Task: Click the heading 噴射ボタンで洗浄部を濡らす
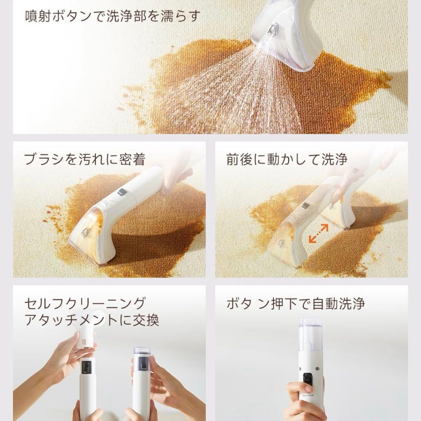point(113,16)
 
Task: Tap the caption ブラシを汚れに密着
point(85,159)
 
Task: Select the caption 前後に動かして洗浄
point(287,159)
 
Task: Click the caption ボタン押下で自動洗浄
point(295,303)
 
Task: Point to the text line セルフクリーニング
point(85,303)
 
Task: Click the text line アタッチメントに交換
point(92,320)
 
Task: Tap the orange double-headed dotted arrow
point(318,233)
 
